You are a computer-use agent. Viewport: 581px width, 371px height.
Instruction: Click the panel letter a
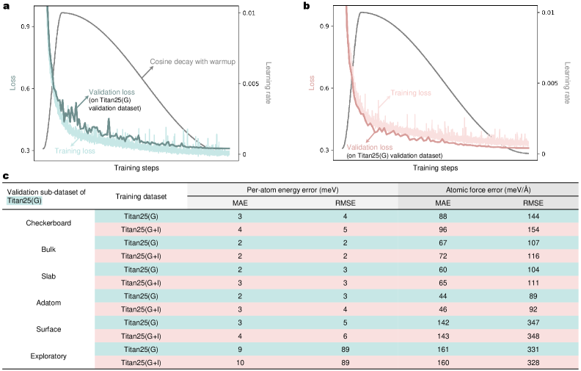[5, 6]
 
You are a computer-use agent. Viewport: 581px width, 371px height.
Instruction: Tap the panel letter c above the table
[5, 176]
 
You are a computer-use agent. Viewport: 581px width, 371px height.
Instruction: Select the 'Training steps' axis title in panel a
[136, 168]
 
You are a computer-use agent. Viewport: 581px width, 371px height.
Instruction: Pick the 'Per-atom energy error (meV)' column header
[293, 189]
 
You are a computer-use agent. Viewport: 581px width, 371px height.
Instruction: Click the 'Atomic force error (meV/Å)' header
[488, 189]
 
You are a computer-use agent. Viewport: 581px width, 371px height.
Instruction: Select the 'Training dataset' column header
[142, 196]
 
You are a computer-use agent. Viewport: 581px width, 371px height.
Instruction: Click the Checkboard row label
[48, 223]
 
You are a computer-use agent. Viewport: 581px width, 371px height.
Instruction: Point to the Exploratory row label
[48, 356]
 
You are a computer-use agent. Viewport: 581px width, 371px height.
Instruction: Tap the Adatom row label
[48, 303]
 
